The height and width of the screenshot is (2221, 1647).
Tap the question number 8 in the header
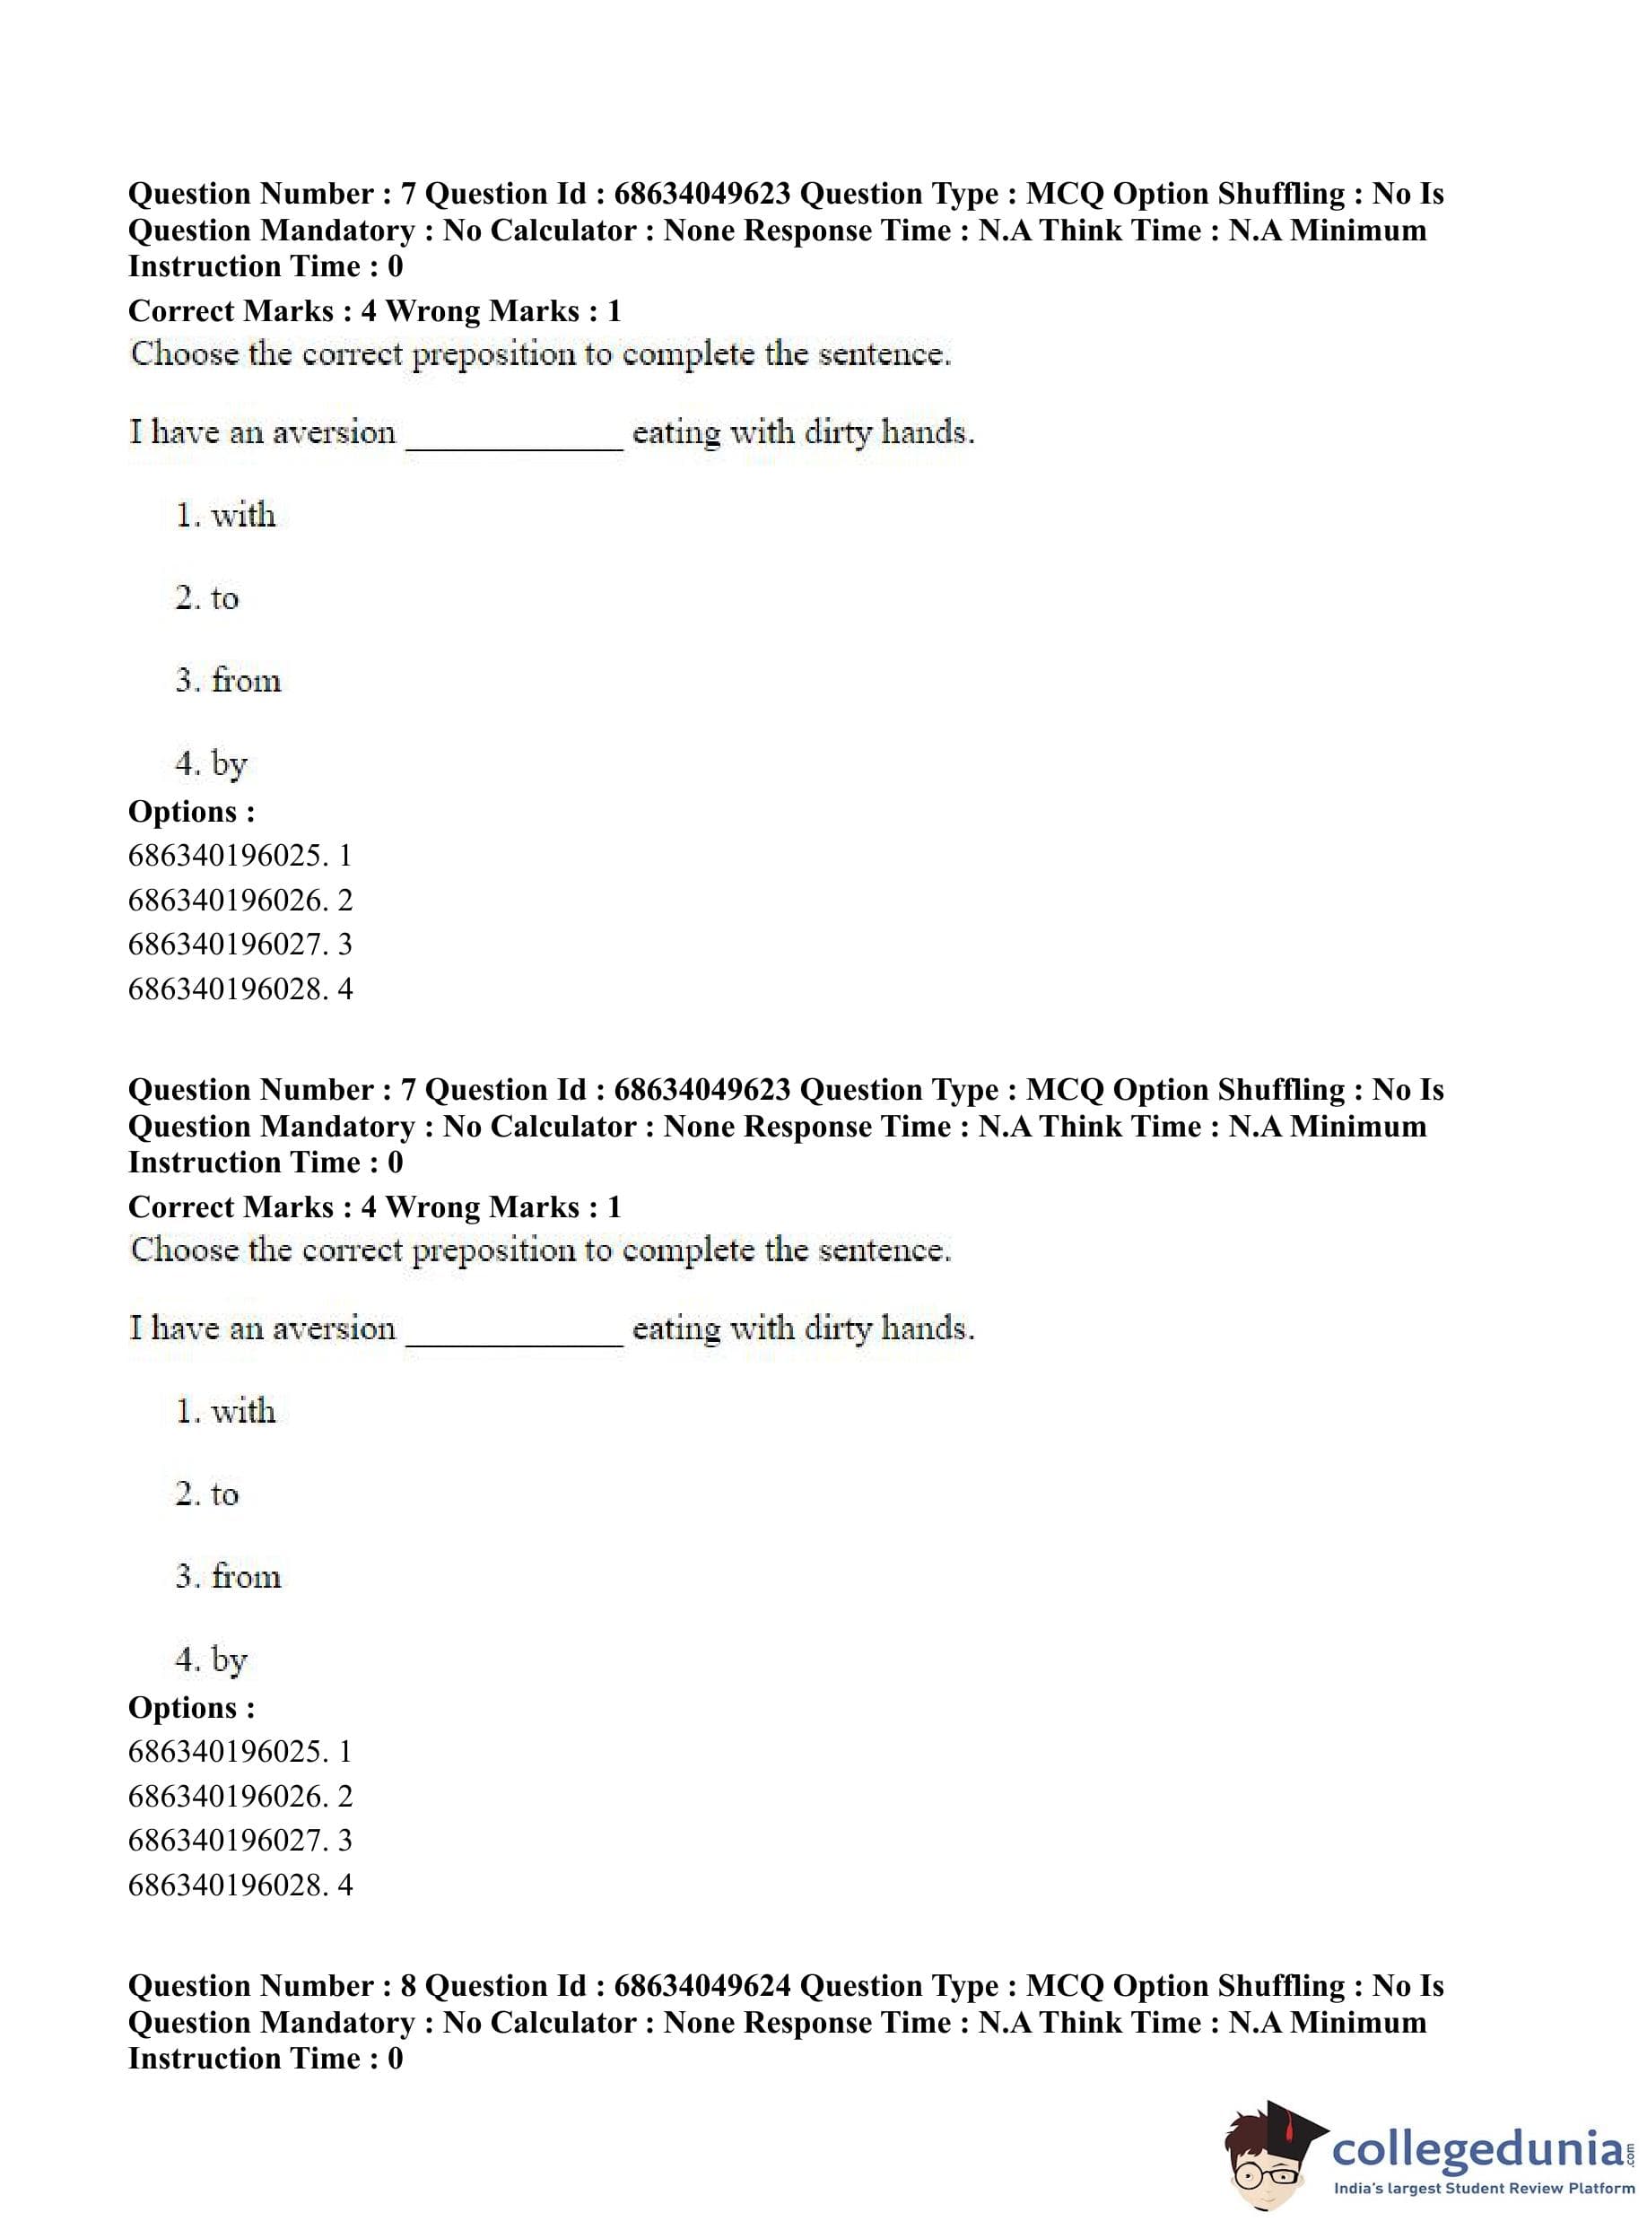pyautogui.click(x=408, y=1986)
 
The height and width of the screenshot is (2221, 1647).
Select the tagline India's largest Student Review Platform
pyautogui.click(x=1484, y=2188)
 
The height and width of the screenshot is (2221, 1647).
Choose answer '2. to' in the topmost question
pyautogui.click(x=207, y=597)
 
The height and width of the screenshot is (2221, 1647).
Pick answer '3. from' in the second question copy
pyautogui.click(x=229, y=1576)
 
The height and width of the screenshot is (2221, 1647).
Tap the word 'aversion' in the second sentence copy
pyautogui.click(x=333, y=1328)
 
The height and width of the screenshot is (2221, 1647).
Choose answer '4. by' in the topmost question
pyautogui.click(x=211, y=763)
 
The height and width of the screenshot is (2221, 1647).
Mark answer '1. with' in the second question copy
pyautogui.click(x=225, y=1411)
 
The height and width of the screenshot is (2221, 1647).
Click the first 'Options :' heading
pyautogui.click(x=191, y=812)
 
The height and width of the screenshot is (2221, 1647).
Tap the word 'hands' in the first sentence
pyautogui.click(x=924, y=432)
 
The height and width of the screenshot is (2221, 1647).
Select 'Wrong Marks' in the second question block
pyautogui.click(x=483, y=1207)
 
